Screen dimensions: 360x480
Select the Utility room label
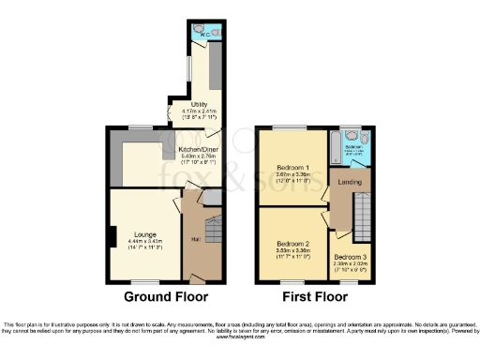coord(200,105)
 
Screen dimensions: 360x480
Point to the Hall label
coord(196,238)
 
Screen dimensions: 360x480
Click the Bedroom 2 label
coord(292,240)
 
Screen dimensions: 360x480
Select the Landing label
coord(351,182)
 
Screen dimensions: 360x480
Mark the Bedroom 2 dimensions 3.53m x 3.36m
coord(292,248)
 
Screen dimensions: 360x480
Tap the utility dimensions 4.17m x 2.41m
coord(200,112)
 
